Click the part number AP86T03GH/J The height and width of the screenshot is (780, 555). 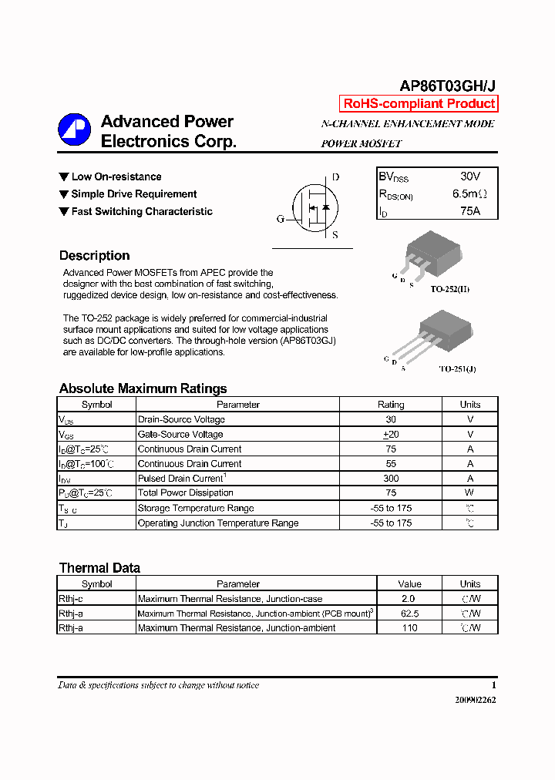point(447,86)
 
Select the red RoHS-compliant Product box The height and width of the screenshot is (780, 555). point(419,104)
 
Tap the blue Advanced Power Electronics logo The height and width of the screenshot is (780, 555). point(74,130)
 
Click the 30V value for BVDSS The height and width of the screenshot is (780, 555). point(469,177)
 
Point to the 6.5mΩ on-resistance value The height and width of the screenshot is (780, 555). point(469,193)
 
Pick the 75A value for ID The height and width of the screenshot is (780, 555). point(469,210)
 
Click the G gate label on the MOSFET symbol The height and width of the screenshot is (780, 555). point(281,219)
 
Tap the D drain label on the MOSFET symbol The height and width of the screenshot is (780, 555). point(335,177)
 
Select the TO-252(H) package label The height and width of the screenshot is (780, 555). point(449,289)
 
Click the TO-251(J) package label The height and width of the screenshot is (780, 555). point(457,369)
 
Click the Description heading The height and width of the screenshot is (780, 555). point(94,256)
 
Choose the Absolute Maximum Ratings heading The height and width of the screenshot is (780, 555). point(143,388)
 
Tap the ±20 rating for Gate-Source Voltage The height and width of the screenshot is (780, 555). point(391,435)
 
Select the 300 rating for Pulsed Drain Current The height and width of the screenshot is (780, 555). point(391,479)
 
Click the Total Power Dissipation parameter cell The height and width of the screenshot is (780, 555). point(185,493)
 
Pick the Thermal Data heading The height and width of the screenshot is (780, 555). point(99,568)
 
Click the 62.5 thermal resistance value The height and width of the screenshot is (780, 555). point(409,614)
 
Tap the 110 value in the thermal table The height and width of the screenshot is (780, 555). point(409,628)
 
